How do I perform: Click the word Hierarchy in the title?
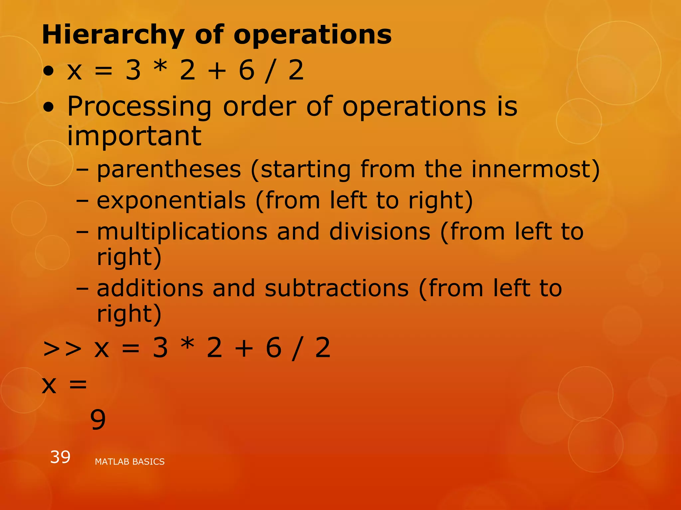click(x=113, y=35)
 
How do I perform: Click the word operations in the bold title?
click(x=313, y=35)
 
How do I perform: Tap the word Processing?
click(x=139, y=107)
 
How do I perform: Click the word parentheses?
click(x=169, y=169)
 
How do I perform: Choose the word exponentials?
click(x=171, y=201)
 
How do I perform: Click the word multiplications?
click(x=182, y=231)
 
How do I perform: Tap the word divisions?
click(x=380, y=231)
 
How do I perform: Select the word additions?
click(x=150, y=288)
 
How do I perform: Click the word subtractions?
click(x=337, y=288)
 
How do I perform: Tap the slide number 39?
click(x=60, y=457)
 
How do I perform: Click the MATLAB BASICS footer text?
click(x=130, y=462)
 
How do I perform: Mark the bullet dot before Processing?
click(x=49, y=107)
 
